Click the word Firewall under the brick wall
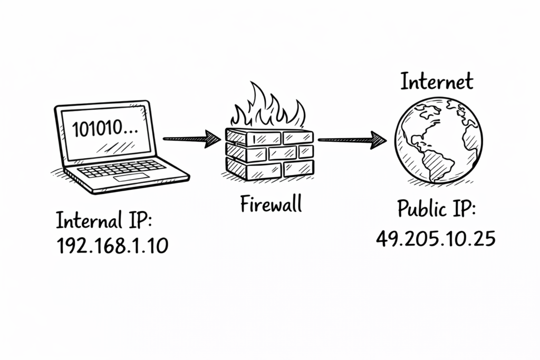[x=271, y=203]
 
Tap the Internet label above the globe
[x=437, y=82]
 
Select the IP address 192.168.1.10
[x=112, y=246]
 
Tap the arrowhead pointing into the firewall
[x=212, y=139]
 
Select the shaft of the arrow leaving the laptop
[x=185, y=139]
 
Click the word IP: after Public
[x=462, y=210]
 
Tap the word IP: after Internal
[x=136, y=220]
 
